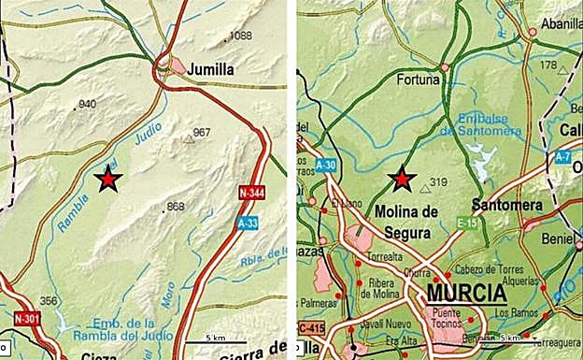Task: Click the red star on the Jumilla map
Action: (109, 178)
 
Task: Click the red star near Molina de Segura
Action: (402, 178)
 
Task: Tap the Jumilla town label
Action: (211, 69)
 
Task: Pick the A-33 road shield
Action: (248, 223)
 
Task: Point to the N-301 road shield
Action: (28, 320)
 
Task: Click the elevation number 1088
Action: (241, 36)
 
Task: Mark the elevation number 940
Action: (88, 104)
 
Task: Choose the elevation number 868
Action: (175, 206)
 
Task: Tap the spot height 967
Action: (202, 132)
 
